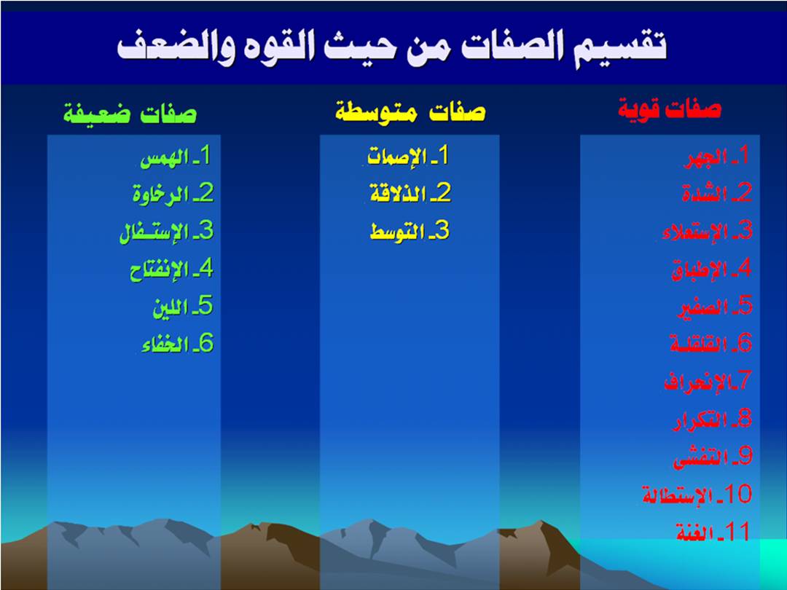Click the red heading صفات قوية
[670, 109]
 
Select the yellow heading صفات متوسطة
[410, 111]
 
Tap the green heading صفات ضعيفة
[130, 112]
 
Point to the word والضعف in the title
[175, 48]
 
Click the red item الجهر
[705, 157]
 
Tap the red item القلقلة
[699, 344]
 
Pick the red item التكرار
[700, 420]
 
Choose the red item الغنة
[694, 532]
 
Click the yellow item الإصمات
[397, 157]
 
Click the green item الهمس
[165, 159]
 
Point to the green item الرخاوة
[160, 194]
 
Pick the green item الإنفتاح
[159, 271]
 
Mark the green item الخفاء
[165, 345]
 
